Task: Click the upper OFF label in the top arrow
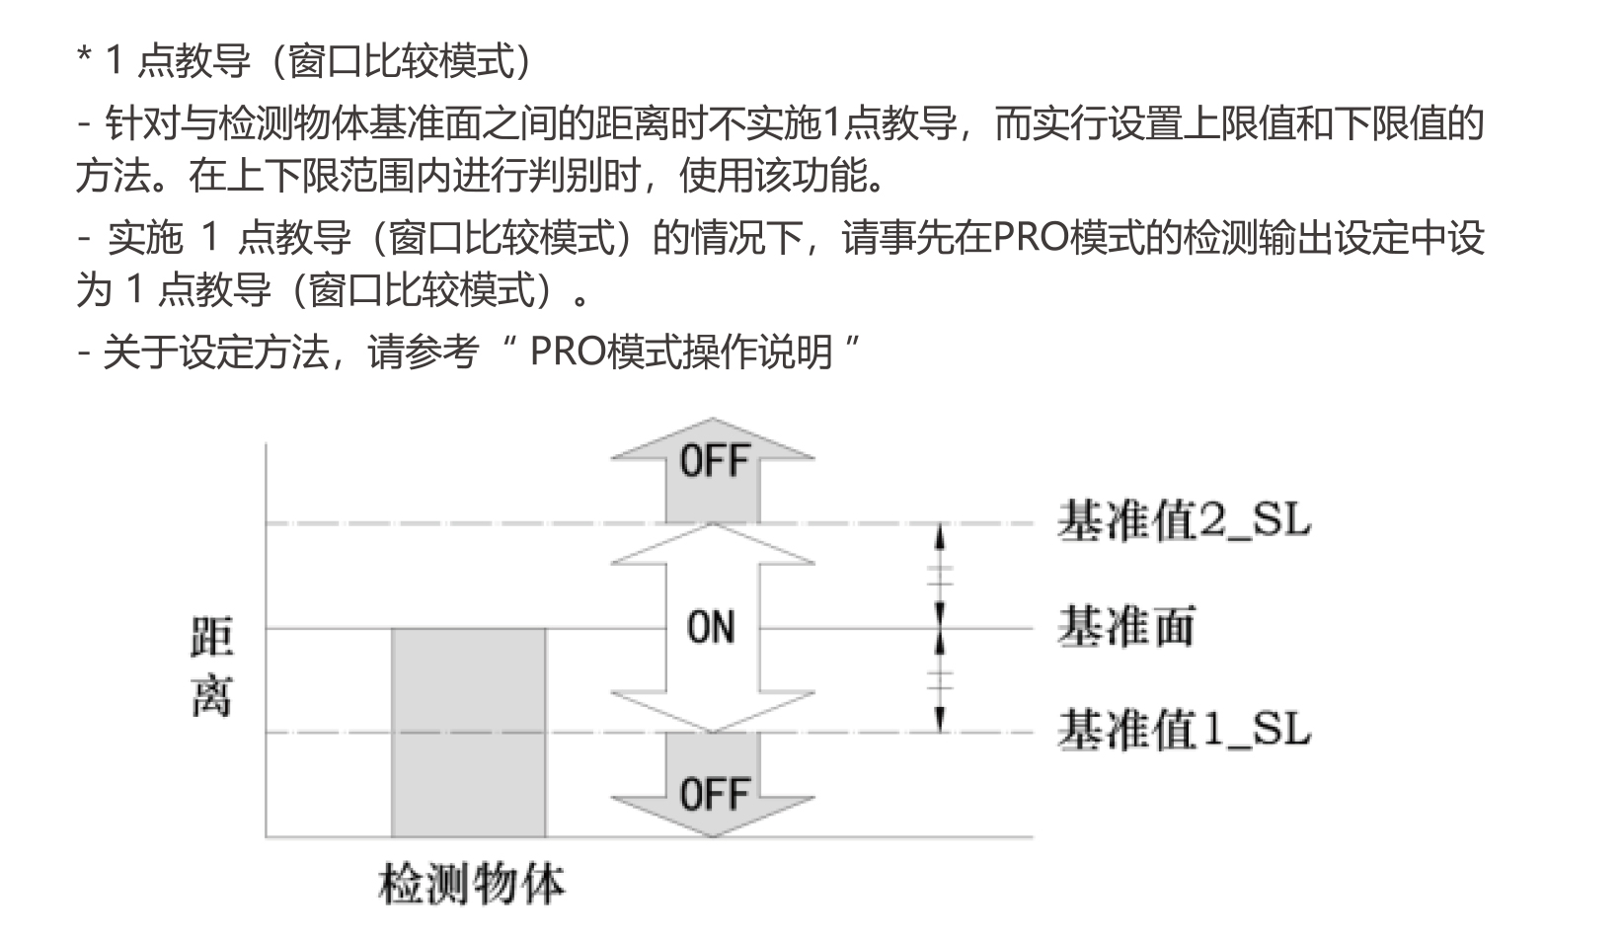tap(714, 461)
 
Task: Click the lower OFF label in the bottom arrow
tap(714, 794)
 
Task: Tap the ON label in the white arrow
tap(711, 627)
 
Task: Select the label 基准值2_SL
tap(1184, 521)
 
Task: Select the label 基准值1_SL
tap(1184, 730)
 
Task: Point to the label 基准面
tap(1126, 627)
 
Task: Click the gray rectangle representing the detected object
tap(469, 733)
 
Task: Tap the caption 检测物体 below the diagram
tap(471, 884)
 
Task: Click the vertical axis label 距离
tap(211, 666)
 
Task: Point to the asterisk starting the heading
tap(84, 55)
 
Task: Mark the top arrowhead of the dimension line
tap(940, 536)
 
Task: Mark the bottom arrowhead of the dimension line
tap(940, 720)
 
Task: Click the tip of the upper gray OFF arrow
tap(712, 418)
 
